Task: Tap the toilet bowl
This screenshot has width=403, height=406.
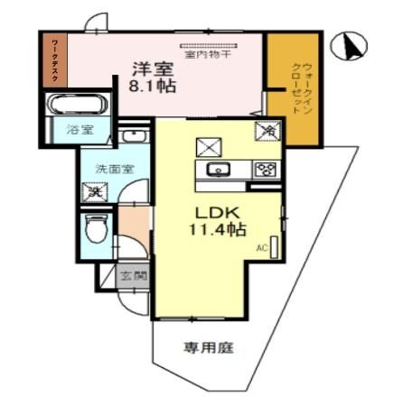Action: click(95, 228)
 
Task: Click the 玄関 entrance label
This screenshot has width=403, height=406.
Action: click(136, 277)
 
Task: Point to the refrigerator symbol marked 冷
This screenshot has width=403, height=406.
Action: click(267, 131)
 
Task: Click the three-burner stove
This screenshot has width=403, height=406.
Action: click(264, 169)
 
